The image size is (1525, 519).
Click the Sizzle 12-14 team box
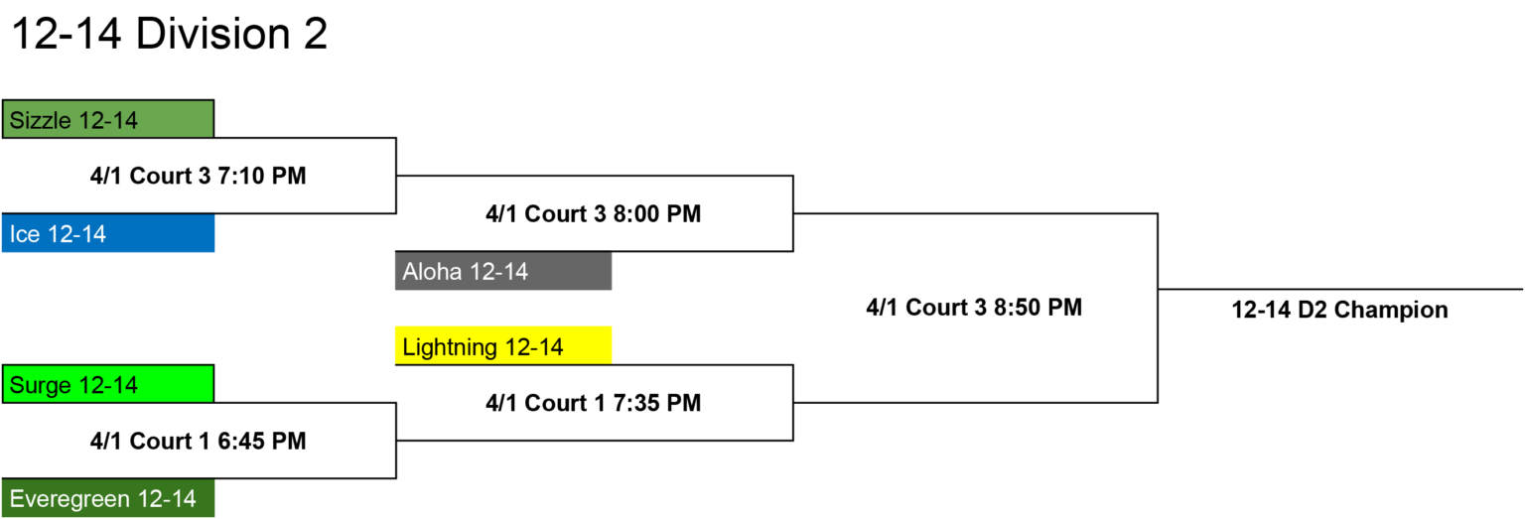(108, 119)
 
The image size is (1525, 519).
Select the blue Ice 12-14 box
(108, 233)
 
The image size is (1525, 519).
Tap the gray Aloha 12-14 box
(503, 271)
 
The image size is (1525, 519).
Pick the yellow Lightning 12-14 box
(503, 345)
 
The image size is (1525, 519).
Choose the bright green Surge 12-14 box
(108, 384)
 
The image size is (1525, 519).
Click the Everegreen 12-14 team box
(108, 498)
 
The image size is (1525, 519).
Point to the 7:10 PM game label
(199, 176)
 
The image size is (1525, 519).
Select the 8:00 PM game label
(593, 213)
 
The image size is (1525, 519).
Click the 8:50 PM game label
(974, 307)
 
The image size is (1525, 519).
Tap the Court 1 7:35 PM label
(593, 403)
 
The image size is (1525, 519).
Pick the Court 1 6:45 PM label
(199, 441)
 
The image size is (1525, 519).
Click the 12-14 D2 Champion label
(1339, 311)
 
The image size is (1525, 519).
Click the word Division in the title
(212, 33)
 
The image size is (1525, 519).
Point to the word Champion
(1391, 311)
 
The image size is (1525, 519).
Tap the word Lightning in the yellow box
(450, 347)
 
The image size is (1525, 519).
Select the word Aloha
(432, 271)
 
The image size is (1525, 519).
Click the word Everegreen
(70, 499)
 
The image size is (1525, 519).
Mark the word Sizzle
(40, 120)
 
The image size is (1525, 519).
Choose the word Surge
(40, 386)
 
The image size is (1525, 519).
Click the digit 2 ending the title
(315, 33)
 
